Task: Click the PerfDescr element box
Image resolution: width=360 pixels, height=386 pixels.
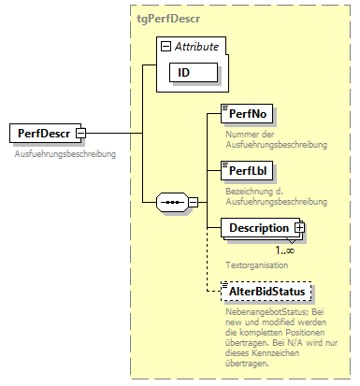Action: pyautogui.click(x=43, y=133)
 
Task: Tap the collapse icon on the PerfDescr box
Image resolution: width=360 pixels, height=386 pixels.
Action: pyautogui.click(x=81, y=134)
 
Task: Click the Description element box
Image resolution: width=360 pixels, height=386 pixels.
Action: pyautogui.click(x=258, y=228)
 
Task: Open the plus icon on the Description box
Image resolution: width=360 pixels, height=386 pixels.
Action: pyautogui.click(x=299, y=227)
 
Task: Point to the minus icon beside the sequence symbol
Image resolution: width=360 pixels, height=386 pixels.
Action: pyautogui.click(x=192, y=200)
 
